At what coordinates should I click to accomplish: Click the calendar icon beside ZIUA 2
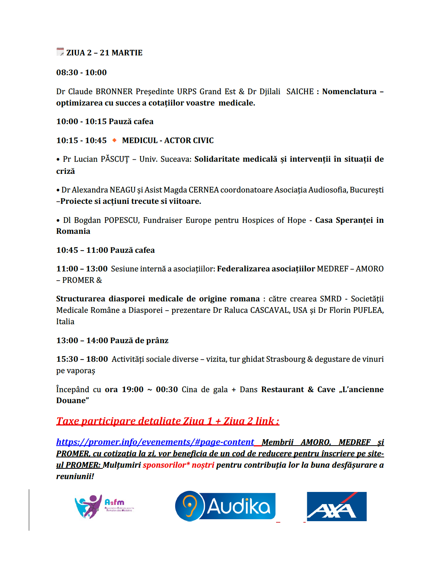click(60, 52)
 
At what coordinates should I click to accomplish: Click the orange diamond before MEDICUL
click(114, 140)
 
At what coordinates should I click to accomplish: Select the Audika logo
click(225, 506)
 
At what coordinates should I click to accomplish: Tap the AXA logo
click(336, 506)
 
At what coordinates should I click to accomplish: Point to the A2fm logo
click(104, 506)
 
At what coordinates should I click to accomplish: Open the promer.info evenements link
click(155, 442)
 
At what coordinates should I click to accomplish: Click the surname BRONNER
click(114, 91)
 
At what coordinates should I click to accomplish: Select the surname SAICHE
click(300, 91)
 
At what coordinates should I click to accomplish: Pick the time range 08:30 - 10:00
click(82, 72)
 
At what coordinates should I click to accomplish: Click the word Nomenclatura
click(349, 91)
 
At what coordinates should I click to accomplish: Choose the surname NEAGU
click(122, 190)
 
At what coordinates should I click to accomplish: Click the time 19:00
click(132, 389)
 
